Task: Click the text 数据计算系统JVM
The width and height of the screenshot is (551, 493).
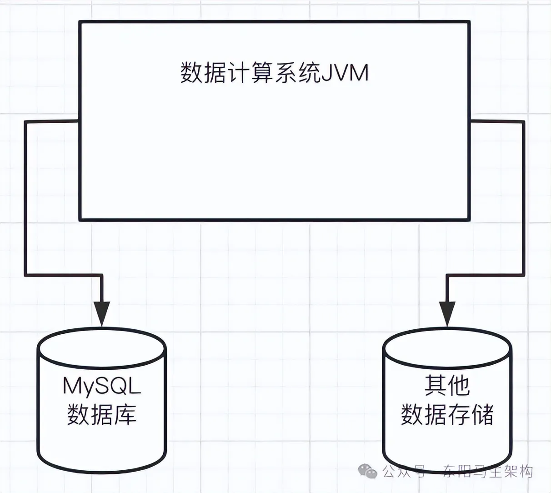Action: click(274, 73)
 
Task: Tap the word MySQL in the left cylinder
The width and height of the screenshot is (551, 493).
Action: click(102, 387)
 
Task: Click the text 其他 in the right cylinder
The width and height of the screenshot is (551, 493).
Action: click(447, 386)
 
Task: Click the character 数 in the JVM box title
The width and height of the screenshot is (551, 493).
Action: click(191, 73)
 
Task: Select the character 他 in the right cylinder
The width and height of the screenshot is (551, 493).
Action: click(458, 386)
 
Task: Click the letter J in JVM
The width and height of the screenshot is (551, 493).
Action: click(326, 73)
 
